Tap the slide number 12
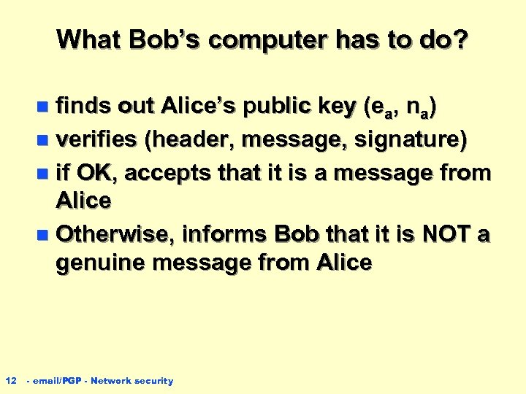11,380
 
